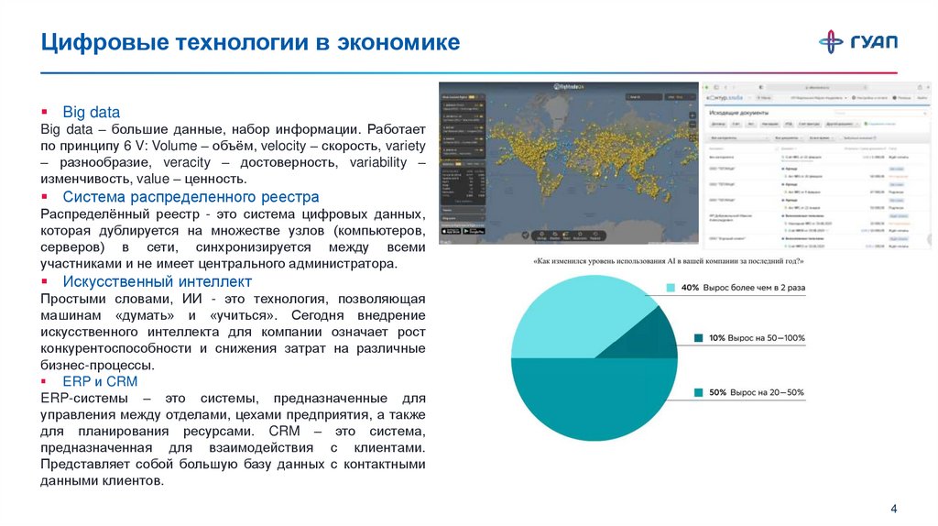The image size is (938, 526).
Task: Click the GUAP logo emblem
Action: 832,41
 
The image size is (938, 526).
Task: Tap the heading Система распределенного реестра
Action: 191,196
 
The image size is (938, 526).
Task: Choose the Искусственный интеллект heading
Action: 157,280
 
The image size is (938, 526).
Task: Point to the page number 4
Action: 894,509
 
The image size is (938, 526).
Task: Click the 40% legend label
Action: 743,287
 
